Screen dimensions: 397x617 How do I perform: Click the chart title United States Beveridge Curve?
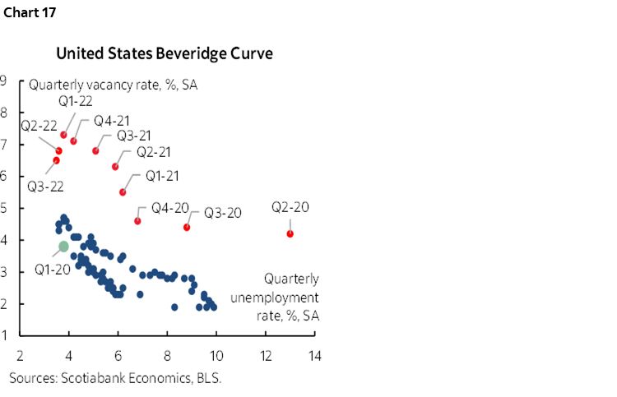[x=164, y=53]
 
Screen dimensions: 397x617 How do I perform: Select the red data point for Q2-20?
[x=290, y=233]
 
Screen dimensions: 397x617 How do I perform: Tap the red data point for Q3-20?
[x=187, y=227]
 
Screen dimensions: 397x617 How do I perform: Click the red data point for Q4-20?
[x=137, y=220]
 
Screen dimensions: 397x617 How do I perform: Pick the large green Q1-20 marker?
[x=63, y=246]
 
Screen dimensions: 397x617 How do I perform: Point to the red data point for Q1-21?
[x=123, y=192]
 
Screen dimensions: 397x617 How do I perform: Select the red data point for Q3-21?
[x=95, y=150]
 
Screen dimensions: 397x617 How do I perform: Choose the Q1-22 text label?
[x=75, y=100]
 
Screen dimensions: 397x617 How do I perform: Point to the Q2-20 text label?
[x=290, y=207]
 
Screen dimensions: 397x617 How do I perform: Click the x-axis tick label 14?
[x=315, y=358]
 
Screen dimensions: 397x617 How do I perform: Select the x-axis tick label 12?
[x=266, y=358]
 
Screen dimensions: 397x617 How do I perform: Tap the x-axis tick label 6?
[x=118, y=358]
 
